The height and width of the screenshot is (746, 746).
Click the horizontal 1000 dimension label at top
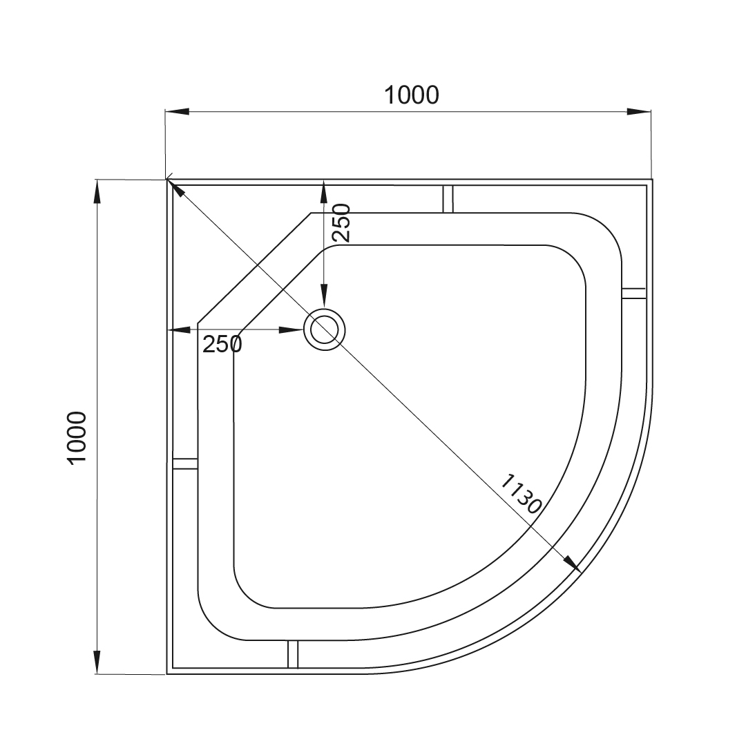pyautogui.click(x=412, y=95)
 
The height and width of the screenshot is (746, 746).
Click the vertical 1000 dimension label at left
pyautogui.click(x=77, y=438)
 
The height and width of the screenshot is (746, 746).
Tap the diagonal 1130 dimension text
pyautogui.click(x=521, y=494)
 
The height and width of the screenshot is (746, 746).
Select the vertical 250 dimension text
pyautogui.click(x=341, y=222)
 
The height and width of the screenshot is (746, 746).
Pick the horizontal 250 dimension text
pyautogui.click(x=222, y=343)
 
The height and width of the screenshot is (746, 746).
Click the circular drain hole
pyautogui.click(x=325, y=329)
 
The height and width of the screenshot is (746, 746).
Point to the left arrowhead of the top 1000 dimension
pyautogui.click(x=177, y=112)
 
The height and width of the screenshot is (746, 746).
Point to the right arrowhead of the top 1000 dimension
pyautogui.click(x=638, y=112)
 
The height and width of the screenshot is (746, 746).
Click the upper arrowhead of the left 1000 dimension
pyautogui.click(x=97, y=192)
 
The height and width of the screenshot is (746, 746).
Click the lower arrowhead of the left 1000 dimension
pyautogui.click(x=97, y=662)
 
